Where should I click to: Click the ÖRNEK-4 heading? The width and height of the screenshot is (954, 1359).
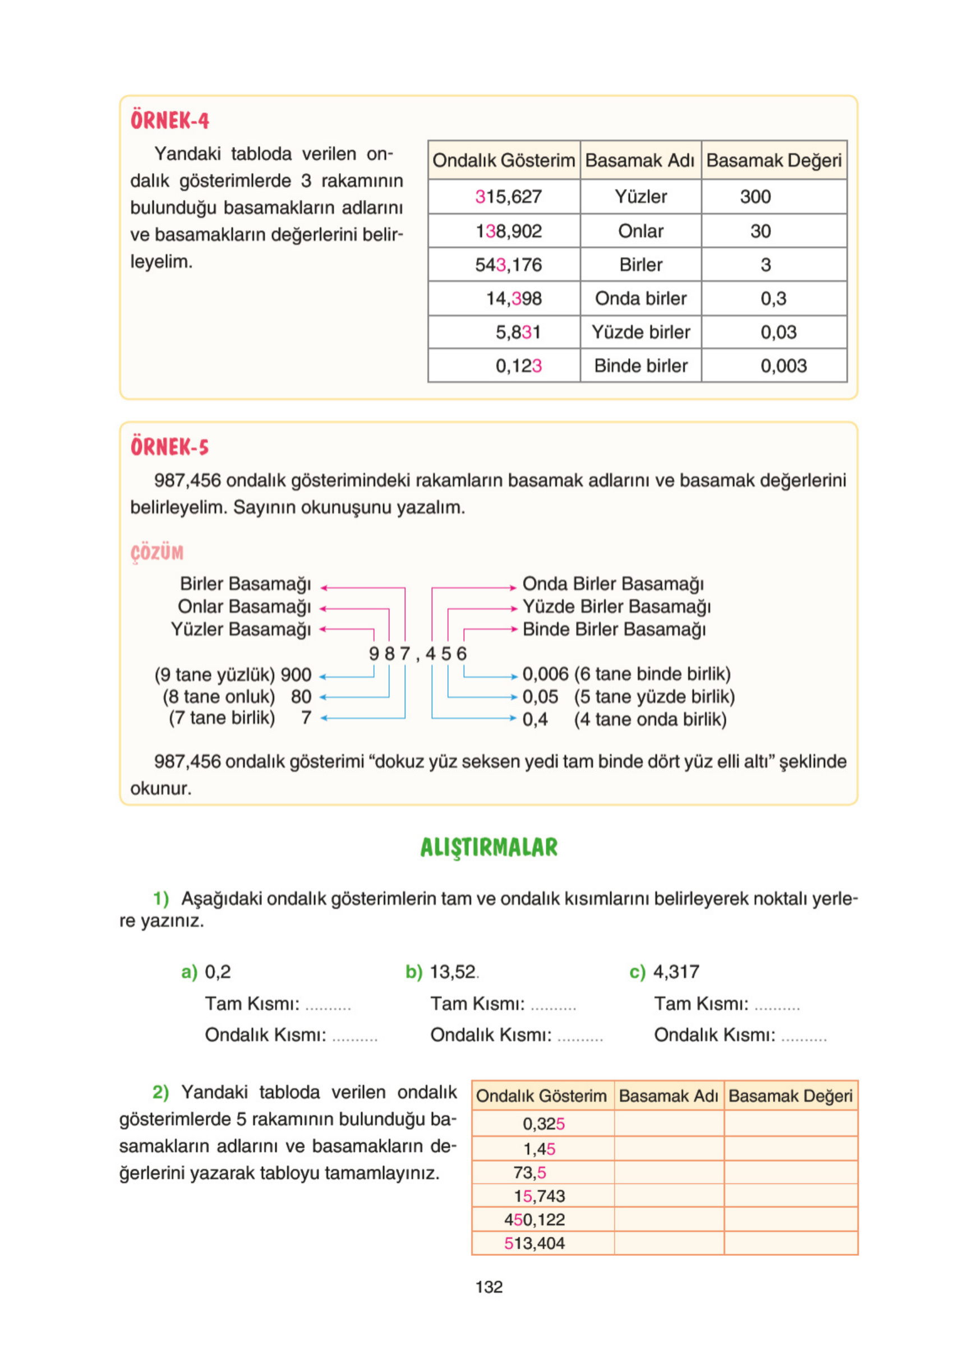pyautogui.click(x=169, y=120)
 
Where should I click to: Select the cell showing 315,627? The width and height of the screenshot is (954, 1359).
pyautogui.click(x=508, y=197)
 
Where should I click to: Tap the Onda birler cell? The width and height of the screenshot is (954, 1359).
pyautogui.click(x=640, y=298)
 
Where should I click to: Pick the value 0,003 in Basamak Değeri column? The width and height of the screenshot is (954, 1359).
pyautogui.click(x=783, y=366)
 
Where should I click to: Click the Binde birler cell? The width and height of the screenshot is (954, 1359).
pyautogui.click(x=640, y=366)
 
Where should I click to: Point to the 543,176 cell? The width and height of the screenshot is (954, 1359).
pyautogui.click(x=508, y=265)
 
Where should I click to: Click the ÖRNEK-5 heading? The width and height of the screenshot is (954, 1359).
pyautogui.click(x=169, y=447)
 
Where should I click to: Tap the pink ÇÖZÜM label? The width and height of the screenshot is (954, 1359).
pyautogui.click(x=157, y=552)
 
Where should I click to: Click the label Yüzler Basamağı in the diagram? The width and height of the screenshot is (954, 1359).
pyautogui.click(x=241, y=629)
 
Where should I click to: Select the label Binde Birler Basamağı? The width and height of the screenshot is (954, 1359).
pyautogui.click(x=614, y=629)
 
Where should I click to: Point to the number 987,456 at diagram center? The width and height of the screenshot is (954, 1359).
pyautogui.click(x=417, y=654)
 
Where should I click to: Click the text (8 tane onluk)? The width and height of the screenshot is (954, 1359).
pyautogui.click(x=219, y=697)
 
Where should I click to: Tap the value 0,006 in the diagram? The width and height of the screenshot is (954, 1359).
pyautogui.click(x=545, y=674)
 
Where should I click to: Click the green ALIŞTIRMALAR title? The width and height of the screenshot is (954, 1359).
pyautogui.click(x=488, y=847)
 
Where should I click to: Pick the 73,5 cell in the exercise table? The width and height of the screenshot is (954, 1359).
pyautogui.click(x=529, y=1172)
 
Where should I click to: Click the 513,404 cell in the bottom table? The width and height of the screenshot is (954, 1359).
pyautogui.click(x=534, y=1243)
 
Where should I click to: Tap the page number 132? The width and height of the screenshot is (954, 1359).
pyautogui.click(x=488, y=1287)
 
